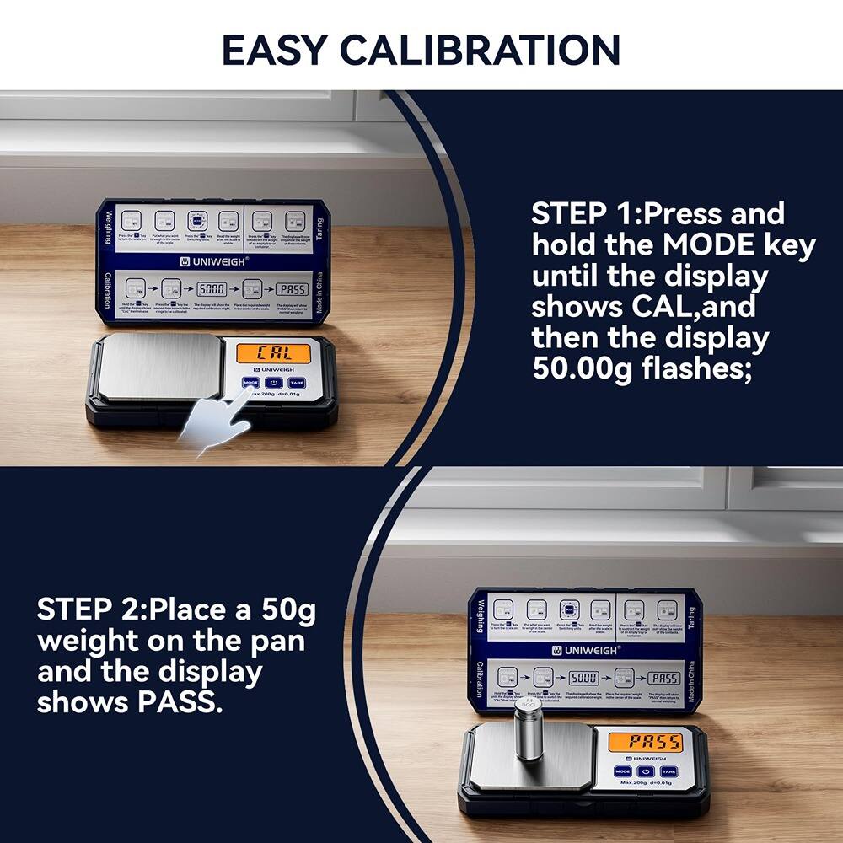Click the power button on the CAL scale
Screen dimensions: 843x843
(x=272, y=383)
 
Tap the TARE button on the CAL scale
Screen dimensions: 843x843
(x=293, y=383)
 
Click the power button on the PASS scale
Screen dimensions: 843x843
(x=645, y=771)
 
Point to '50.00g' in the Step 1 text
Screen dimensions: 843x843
(x=582, y=369)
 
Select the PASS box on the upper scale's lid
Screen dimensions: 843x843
(x=292, y=289)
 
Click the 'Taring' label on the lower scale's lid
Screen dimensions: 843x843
(x=691, y=618)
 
